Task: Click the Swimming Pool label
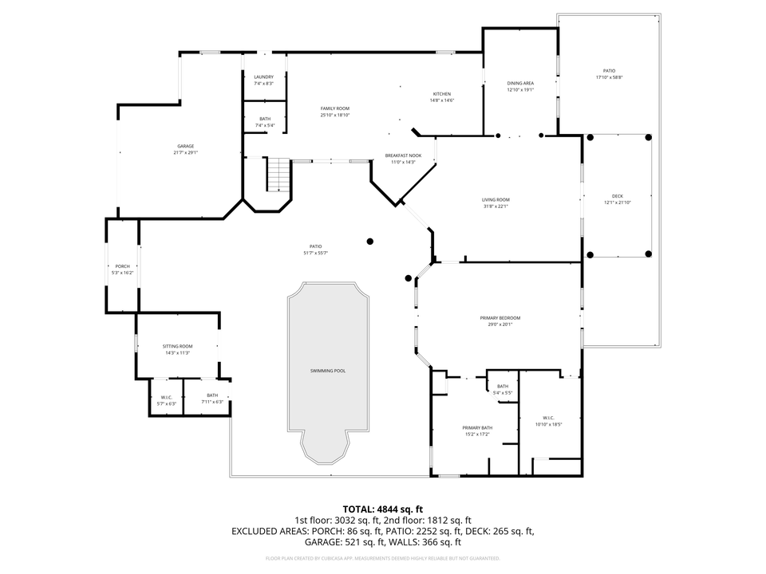[x=328, y=371]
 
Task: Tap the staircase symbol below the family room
[x=276, y=175]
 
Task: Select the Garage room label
[x=186, y=146]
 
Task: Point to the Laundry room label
[x=263, y=77]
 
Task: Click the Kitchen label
[x=441, y=94]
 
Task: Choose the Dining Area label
[x=520, y=83]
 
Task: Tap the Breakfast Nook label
[x=401, y=155]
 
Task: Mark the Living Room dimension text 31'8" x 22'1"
[x=496, y=206]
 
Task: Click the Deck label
[x=617, y=196]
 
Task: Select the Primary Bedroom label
[x=500, y=317]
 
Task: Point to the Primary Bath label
[x=477, y=428]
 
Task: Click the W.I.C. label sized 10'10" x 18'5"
[x=548, y=418]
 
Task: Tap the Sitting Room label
[x=177, y=346]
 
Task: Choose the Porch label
[x=122, y=266]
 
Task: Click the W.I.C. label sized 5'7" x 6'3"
[x=166, y=397]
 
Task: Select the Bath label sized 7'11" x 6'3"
[x=212, y=395]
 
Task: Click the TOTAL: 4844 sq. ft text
[x=382, y=509]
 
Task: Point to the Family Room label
[x=335, y=108]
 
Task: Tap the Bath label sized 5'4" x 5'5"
[x=503, y=386]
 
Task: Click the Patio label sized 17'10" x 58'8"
[x=609, y=70]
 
